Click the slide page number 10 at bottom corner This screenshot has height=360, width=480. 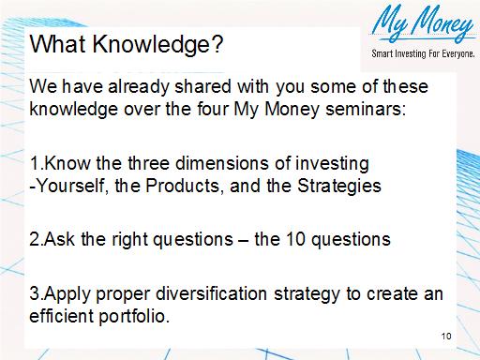click(x=445, y=335)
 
